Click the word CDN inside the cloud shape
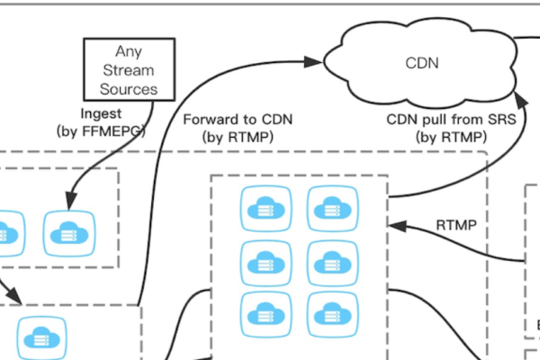point(421,63)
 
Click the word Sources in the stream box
point(128,89)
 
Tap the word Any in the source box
point(128,52)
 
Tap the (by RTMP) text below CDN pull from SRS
point(450,137)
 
